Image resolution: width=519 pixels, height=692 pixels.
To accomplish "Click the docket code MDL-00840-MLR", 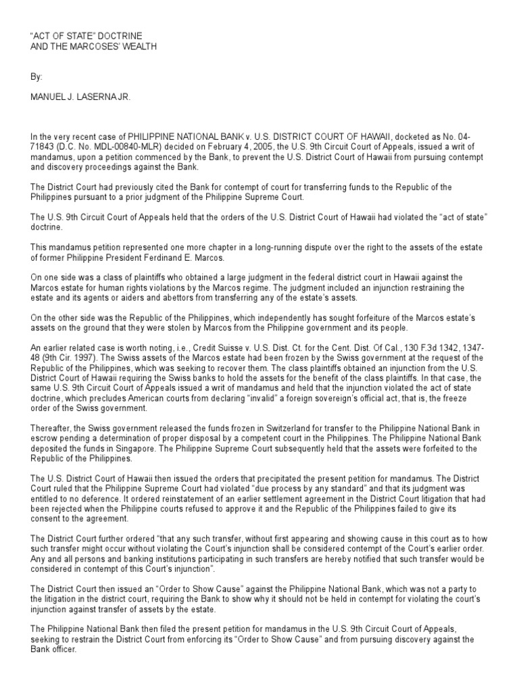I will tap(103, 145).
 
